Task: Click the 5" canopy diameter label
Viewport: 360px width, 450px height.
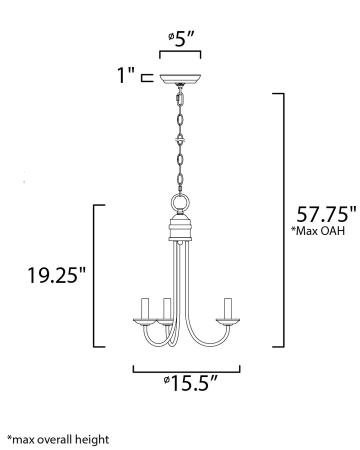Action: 181,38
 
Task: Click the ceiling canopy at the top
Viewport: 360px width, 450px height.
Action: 180,78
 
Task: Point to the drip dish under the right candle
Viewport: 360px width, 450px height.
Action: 228,320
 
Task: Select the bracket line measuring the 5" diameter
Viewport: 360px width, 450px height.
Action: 180,52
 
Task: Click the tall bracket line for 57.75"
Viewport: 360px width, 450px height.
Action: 283,220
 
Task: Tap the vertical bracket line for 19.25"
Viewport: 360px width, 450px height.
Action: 95,275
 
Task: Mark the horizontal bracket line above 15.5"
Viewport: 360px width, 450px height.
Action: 186,371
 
